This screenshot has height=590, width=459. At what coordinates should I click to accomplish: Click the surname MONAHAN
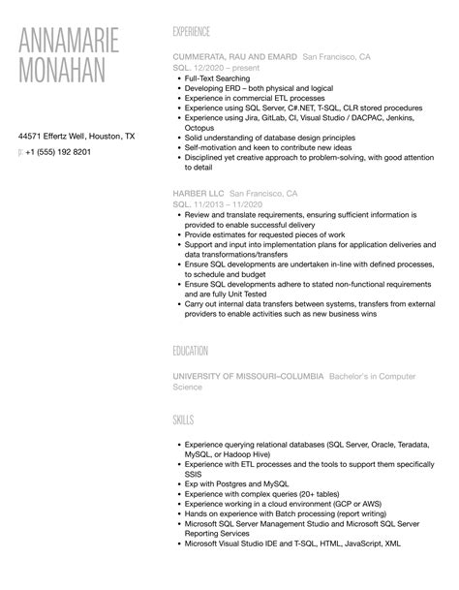(69, 79)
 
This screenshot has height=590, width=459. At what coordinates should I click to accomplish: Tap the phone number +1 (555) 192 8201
(59, 152)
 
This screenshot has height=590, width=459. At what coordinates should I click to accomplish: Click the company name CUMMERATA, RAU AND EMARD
(234, 57)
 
